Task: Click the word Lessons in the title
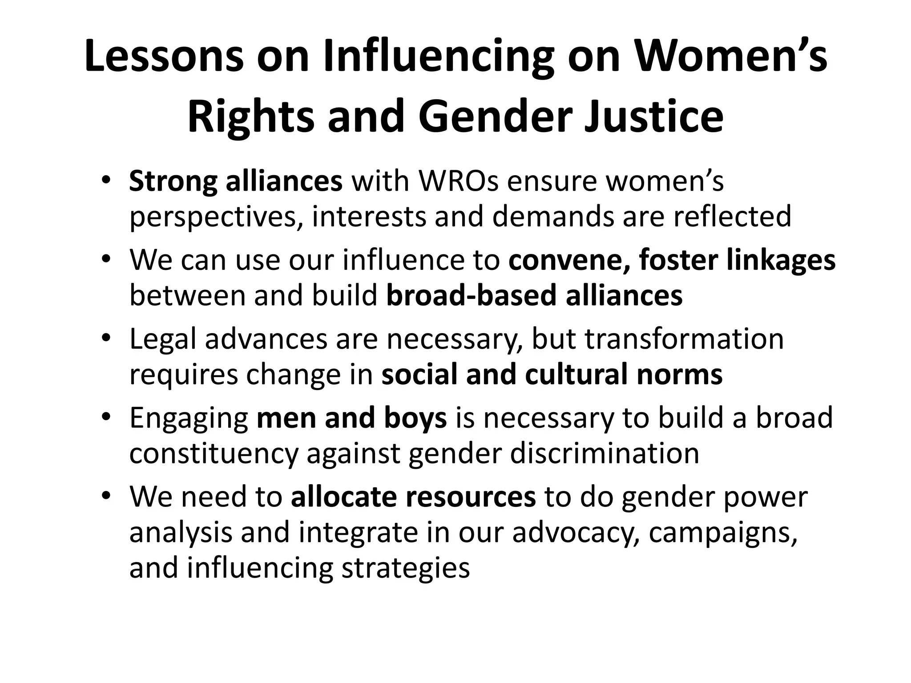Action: pyautogui.click(x=163, y=56)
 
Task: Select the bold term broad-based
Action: pyautogui.click(x=471, y=295)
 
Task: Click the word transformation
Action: pyautogui.click(x=684, y=339)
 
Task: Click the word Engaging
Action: pyautogui.click(x=189, y=418)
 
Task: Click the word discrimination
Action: pyautogui.click(x=605, y=454)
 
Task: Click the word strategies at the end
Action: pyautogui.click(x=405, y=568)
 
